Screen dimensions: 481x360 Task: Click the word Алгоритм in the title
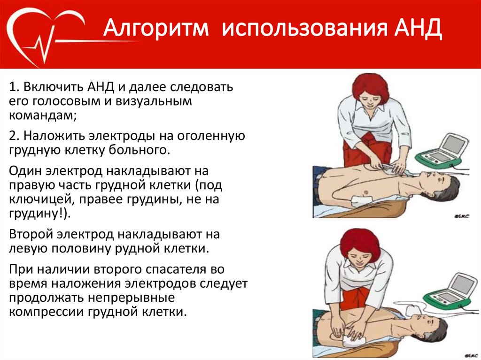click(x=156, y=28)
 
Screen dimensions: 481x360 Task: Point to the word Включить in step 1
click(x=54, y=87)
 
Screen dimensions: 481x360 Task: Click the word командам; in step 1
click(x=43, y=115)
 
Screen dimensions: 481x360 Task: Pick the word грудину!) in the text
click(x=39, y=214)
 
